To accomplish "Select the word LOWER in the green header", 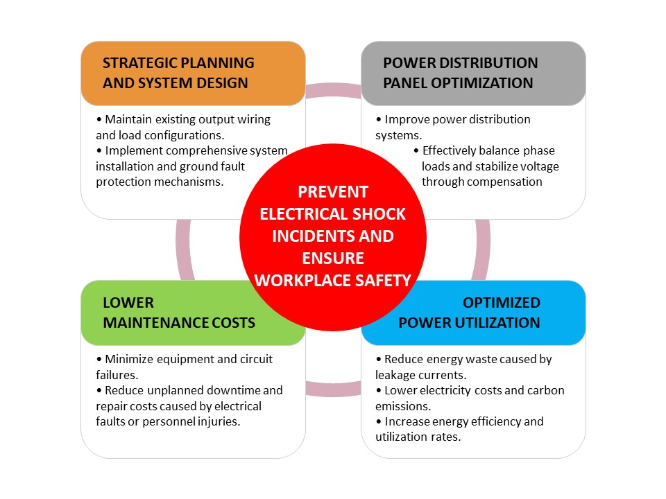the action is (x=128, y=303).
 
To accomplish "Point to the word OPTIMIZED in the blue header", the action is (x=501, y=303).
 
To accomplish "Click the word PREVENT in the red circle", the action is (x=333, y=192).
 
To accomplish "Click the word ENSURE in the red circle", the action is (x=333, y=258).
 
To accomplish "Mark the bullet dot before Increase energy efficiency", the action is (x=379, y=422).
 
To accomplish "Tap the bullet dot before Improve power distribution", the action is (x=379, y=120).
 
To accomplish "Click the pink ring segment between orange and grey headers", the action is (x=333, y=90).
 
